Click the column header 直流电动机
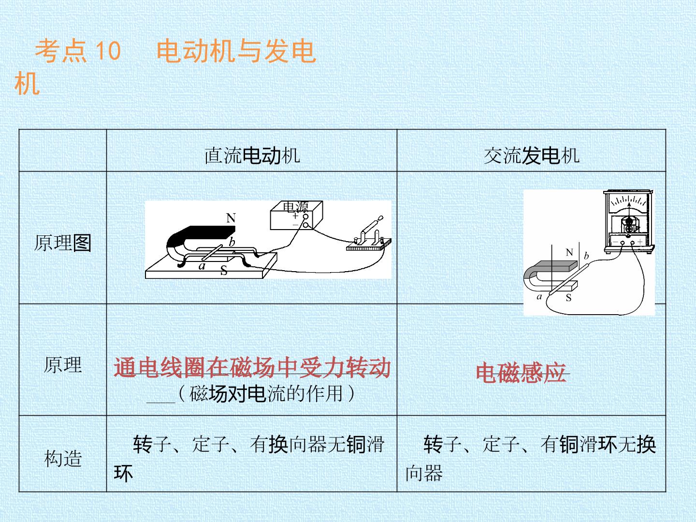(x=252, y=156)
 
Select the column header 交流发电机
(x=532, y=156)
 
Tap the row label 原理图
(x=63, y=243)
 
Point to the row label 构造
(x=63, y=458)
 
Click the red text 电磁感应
(x=521, y=373)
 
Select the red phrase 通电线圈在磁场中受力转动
(x=252, y=367)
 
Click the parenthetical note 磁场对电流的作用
(x=266, y=393)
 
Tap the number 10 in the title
(x=108, y=50)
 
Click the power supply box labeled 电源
(x=296, y=215)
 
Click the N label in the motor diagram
(x=231, y=218)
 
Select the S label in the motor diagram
(x=224, y=270)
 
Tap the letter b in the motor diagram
(x=232, y=242)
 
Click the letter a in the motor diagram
(x=202, y=266)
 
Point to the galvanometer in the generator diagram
(x=629, y=221)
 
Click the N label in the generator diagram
(x=569, y=252)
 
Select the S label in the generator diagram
(x=568, y=298)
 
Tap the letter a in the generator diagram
(x=539, y=297)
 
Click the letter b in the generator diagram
(x=586, y=256)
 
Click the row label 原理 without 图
(x=63, y=364)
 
